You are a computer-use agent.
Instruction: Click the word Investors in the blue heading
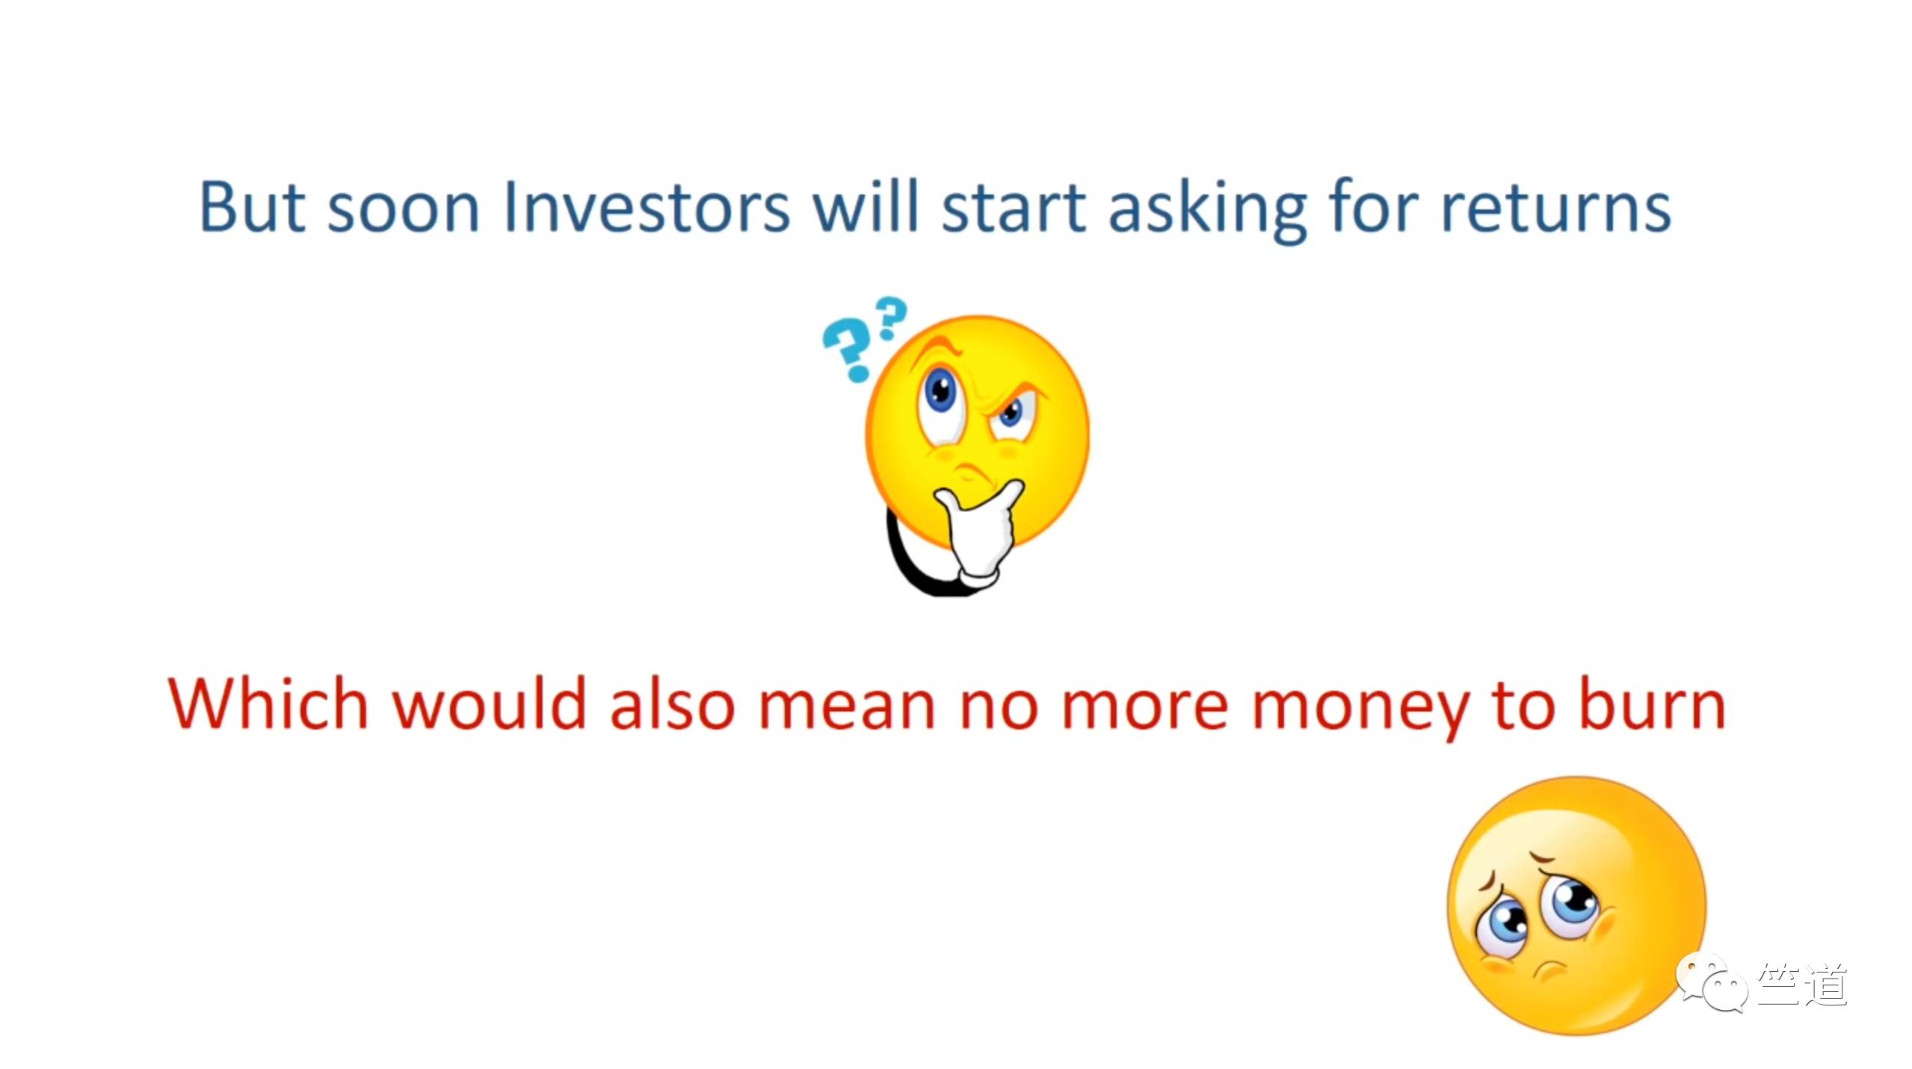coord(646,207)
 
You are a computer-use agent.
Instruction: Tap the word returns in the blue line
coord(1555,209)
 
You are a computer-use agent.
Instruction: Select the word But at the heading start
coord(253,207)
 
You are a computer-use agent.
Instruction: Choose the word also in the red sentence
coord(673,703)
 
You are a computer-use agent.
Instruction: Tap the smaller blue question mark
coord(890,318)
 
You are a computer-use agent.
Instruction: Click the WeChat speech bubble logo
coord(1712,982)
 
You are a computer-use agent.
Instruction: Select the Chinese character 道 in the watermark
coord(1825,984)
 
